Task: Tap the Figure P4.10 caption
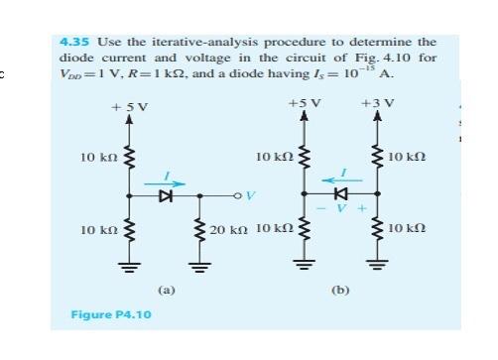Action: point(104,314)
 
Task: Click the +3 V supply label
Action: point(378,103)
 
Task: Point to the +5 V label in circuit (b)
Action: point(304,103)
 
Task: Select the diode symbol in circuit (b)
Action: point(341,192)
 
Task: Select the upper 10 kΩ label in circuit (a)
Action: point(99,158)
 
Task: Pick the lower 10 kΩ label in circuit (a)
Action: point(99,230)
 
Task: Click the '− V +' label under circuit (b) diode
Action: point(341,210)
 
